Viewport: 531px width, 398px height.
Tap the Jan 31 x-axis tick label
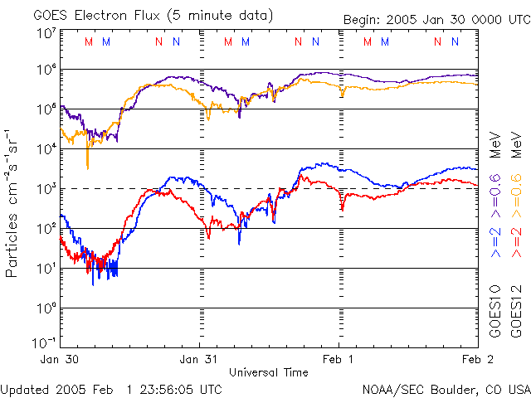click(x=199, y=360)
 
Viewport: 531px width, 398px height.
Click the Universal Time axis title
click(x=269, y=372)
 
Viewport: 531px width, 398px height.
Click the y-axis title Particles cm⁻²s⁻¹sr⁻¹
click(x=12, y=202)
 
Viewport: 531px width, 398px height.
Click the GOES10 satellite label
click(x=495, y=313)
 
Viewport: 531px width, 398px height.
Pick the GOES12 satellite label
click(x=516, y=313)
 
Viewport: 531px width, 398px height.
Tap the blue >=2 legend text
click(x=495, y=240)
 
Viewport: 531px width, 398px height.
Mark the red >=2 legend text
click(x=516, y=240)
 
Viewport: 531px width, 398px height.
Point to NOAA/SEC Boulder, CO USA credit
click(x=446, y=389)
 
